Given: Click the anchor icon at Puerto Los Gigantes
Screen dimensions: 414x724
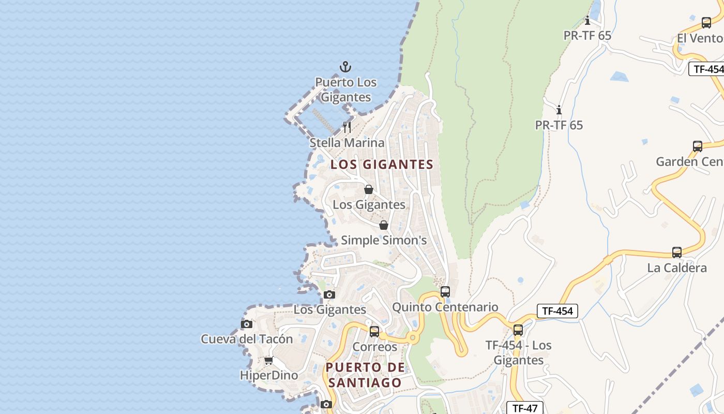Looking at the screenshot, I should (345, 67).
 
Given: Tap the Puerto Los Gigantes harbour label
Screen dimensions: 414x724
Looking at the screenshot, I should (346, 90).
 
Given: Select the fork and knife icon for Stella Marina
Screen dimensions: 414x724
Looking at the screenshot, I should (347, 127).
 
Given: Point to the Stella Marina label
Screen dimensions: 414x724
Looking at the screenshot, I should (347, 143).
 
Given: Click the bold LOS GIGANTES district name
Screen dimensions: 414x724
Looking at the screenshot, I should (382, 165).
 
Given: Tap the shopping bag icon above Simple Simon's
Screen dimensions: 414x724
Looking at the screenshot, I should (384, 225).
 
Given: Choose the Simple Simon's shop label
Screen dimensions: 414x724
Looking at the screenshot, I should (384, 240).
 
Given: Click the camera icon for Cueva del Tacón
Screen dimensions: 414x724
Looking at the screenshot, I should (247, 324).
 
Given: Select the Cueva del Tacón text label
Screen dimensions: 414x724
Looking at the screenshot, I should (247, 339).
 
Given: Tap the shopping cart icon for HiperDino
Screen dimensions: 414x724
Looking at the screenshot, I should (268, 360).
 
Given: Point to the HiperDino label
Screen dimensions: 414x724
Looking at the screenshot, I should (269, 375).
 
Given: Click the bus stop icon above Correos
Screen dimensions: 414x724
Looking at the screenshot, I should (374, 332).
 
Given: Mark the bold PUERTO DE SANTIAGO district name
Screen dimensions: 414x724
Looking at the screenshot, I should (365, 375).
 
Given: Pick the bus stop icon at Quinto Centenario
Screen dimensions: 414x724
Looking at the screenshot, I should (445, 291).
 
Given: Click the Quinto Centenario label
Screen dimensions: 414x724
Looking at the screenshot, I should (445, 307).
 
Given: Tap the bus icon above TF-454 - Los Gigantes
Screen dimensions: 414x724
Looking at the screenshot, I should (518, 330).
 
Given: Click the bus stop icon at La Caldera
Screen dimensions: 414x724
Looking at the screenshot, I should (677, 253).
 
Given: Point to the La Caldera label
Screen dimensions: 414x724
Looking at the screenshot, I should (677, 268).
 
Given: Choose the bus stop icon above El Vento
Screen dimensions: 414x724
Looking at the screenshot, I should (706, 23).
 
